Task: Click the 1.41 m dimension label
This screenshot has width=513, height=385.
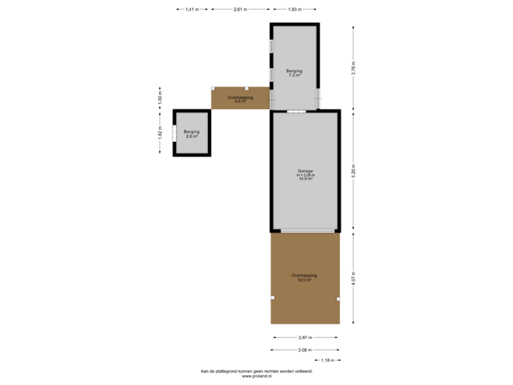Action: [192, 9]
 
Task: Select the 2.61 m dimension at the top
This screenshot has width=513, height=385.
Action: [240, 9]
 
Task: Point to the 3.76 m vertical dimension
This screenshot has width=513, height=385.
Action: [353, 68]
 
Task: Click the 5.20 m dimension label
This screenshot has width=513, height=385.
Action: [353, 170]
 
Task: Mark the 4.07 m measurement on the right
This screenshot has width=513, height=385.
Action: [353, 277]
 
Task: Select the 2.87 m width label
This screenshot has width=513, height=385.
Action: [306, 337]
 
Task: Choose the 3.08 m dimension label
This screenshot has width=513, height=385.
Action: [305, 349]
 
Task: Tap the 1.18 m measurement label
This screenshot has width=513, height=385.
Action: [328, 360]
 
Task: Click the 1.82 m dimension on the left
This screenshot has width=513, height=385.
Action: [160, 133]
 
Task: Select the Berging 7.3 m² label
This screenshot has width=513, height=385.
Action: [295, 73]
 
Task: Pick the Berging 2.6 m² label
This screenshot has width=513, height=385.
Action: [192, 133]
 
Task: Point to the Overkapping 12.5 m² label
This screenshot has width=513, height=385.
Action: [304, 277]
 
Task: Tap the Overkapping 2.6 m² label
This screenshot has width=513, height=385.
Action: [240, 98]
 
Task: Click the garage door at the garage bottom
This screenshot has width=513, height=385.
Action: [307, 230]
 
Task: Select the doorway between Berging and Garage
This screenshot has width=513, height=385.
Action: [297, 111]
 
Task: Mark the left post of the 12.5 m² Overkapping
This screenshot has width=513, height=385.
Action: [272, 297]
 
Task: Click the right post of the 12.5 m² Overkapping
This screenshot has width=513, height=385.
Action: [338, 299]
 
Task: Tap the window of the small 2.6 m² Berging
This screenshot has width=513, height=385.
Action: [173, 133]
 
